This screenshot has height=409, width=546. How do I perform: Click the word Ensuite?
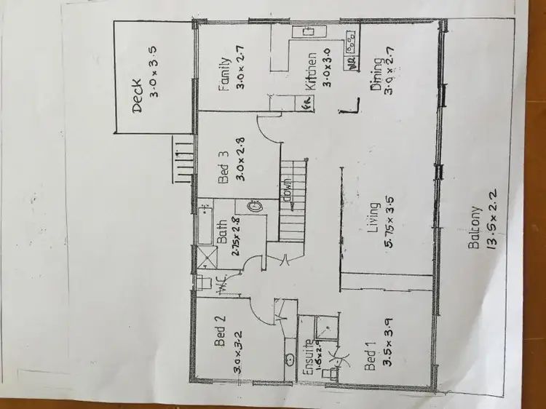pyautogui.click(x=309, y=357)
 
